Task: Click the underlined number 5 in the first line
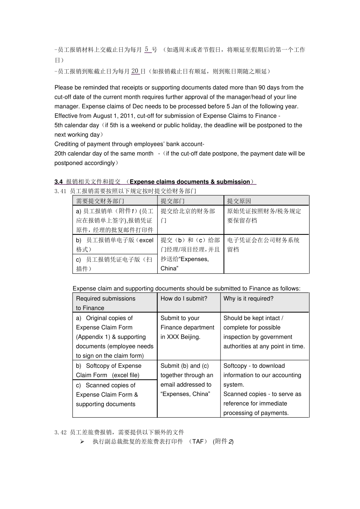point(147,50)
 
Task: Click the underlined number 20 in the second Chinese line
point(135,71)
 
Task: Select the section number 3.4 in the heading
point(58,182)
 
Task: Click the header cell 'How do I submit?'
point(184,298)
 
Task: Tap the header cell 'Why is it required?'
point(248,298)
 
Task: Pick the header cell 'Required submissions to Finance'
point(105,303)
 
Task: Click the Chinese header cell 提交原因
point(239,201)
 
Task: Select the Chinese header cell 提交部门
point(172,201)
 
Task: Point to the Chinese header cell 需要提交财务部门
point(100,201)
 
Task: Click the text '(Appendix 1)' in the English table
point(93,337)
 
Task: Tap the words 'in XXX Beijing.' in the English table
point(180,337)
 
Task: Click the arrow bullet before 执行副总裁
point(82,442)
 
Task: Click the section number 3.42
point(61,432)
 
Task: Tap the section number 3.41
point(61,191)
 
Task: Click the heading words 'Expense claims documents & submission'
point(190,182)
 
